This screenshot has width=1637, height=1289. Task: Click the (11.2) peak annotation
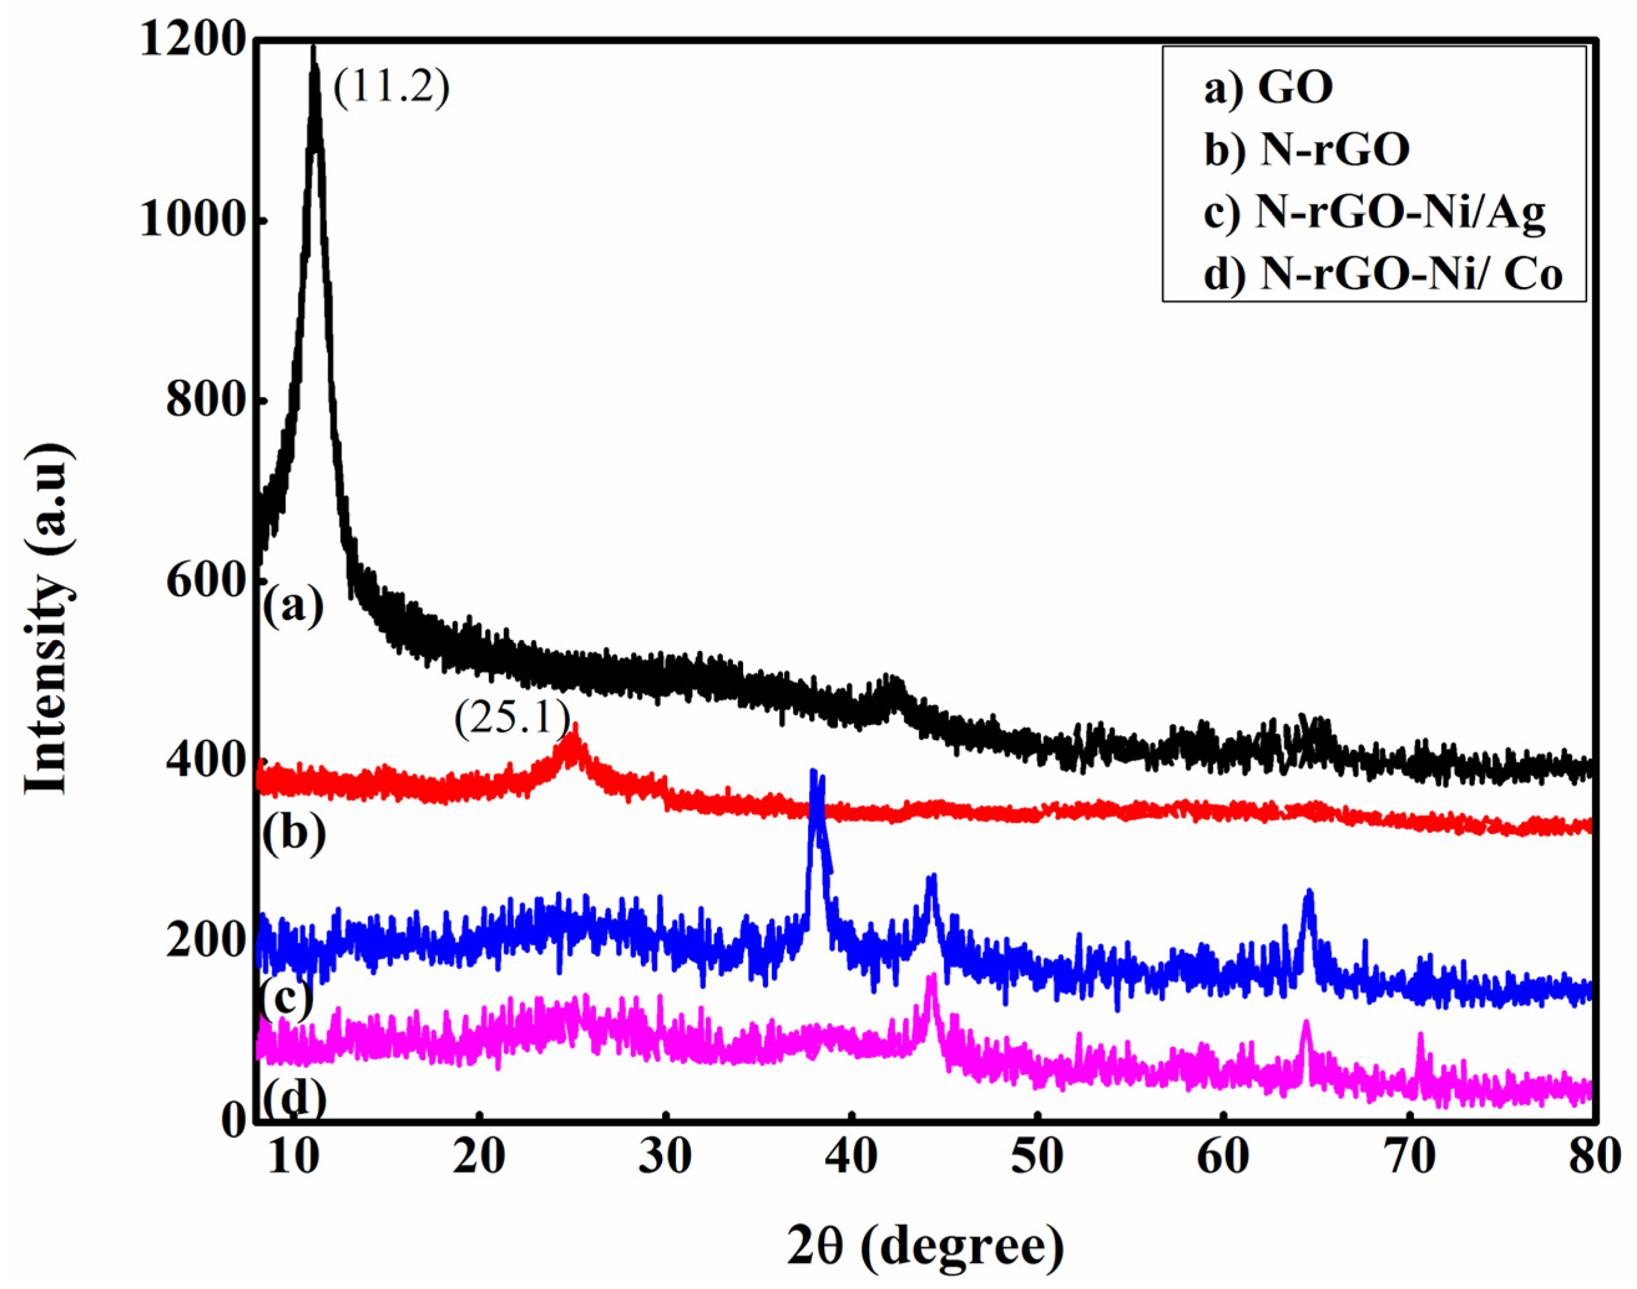(x=391, y=88)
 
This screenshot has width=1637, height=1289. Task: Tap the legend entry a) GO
(x=1268, y=88)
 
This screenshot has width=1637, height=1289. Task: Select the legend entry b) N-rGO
(x=1307, y=150)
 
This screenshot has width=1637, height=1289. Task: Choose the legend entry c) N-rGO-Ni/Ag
(x=1374, y=213)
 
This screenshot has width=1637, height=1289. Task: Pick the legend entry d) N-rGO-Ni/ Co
(x=1382, y=274)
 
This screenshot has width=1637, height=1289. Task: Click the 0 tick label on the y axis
(x=232, y=1122)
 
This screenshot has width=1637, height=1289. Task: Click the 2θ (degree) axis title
(x=925, y=1247)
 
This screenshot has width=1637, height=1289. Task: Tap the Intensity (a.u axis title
(x=49, y=619)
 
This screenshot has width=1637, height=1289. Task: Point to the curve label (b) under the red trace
(x=294, y=833)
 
